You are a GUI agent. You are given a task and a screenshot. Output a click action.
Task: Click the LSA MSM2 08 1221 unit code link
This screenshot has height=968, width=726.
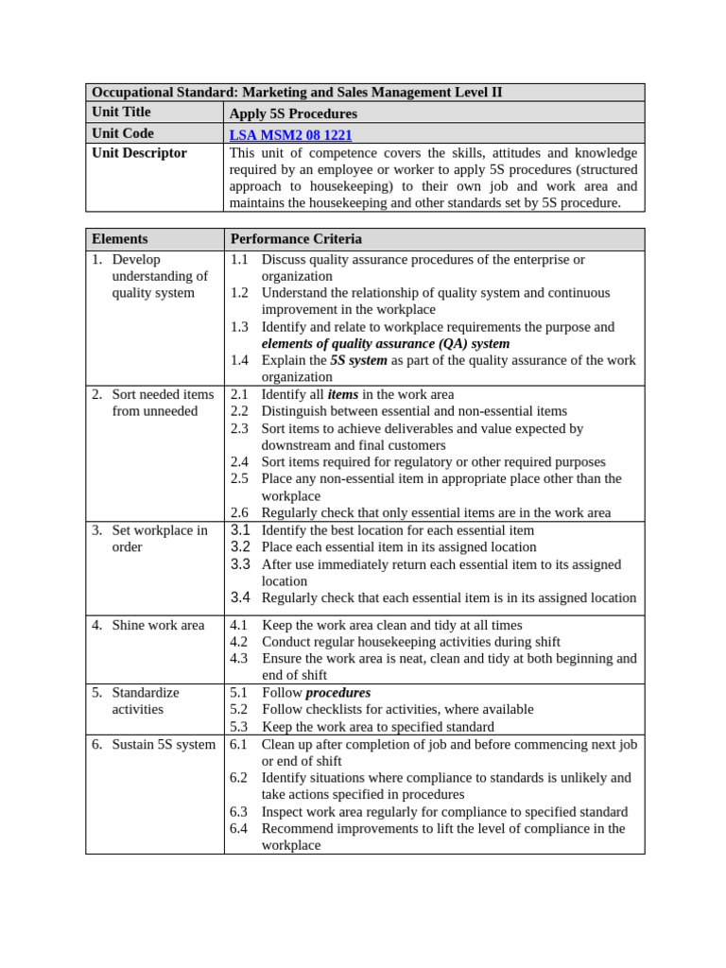tap(290, 135)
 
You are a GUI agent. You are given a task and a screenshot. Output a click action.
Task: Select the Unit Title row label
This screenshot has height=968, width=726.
tap(121, 112)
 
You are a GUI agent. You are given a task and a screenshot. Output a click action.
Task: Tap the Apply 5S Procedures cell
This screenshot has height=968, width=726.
tap(293, 113)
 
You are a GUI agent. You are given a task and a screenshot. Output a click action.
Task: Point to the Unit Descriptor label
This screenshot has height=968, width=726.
tap(139, 153)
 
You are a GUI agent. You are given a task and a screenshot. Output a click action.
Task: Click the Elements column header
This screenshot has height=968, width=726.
tap(119, 239)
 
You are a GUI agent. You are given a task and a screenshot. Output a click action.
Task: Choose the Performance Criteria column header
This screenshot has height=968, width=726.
tap(296, 239)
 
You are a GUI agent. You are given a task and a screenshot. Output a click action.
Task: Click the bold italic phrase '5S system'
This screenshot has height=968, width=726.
tap(358, 360)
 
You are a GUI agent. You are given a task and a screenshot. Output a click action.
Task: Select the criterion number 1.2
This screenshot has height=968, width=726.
tap(239, 293)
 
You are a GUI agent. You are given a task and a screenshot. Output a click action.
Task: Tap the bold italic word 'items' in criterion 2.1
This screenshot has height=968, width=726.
tap(342, 394)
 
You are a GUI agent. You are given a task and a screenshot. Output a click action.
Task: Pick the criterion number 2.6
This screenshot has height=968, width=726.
tap(239, 512)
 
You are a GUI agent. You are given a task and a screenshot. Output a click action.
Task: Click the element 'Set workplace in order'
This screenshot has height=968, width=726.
tap(159, 539)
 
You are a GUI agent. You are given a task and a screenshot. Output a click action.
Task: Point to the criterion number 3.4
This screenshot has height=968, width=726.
tap(240, 597)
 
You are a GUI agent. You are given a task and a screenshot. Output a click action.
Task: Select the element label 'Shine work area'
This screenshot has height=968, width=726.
tap(158, 625)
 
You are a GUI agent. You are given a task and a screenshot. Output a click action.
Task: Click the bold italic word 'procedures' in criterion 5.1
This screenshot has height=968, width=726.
tap(337, 692)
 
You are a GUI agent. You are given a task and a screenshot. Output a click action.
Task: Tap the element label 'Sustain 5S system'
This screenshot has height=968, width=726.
tap(164, 744)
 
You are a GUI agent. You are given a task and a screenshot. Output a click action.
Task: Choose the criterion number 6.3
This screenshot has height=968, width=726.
tap(239, 812)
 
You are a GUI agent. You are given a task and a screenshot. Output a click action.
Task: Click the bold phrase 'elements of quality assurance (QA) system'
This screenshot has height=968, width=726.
tap(386, 343)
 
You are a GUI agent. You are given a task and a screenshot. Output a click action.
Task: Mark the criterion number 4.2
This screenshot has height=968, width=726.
tap(239, 642)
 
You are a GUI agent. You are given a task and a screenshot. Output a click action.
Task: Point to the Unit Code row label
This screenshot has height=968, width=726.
tap(122, 133)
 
